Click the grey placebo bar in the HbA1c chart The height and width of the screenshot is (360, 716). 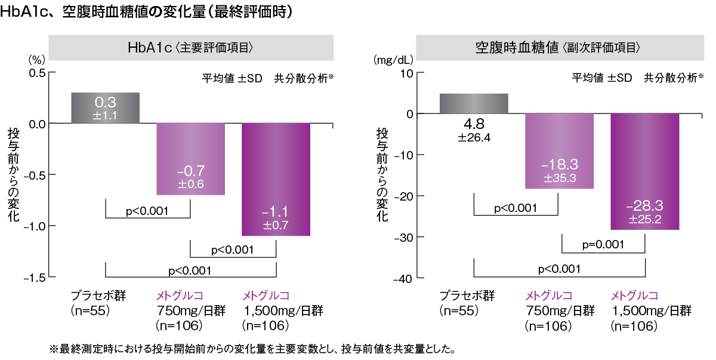click(x=105, y=107)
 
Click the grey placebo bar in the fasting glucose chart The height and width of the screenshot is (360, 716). click(x=474, y=103)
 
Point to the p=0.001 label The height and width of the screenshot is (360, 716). click(x=603, y=244)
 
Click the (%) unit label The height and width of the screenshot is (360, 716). click(x=36, y=60)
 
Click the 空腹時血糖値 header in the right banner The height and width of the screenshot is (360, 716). click(x=517, y=47)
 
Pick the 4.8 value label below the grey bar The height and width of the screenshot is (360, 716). click(x=474, y=124)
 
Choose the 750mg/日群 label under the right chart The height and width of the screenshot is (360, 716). click(x=560, y=310)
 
